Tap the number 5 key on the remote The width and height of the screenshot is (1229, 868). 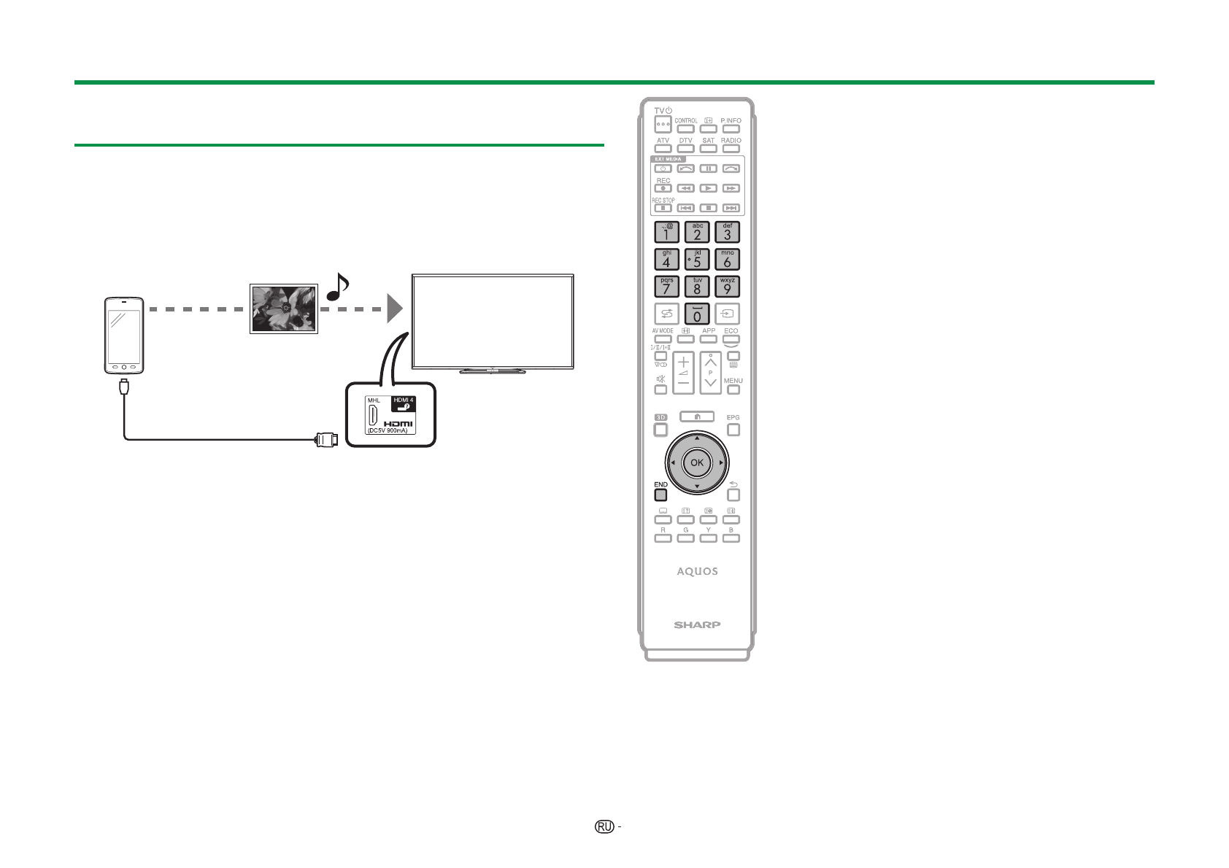[697, 259]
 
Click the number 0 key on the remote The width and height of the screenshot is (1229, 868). [697, 314]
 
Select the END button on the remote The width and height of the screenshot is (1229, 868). [660, 495]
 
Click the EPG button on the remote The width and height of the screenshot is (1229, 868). [733, 430]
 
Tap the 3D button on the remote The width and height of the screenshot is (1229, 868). [660, 430]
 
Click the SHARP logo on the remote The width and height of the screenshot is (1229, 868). [697, 624]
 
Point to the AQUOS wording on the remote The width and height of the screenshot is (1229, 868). [697, 571]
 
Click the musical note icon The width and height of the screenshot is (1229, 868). [337, 287]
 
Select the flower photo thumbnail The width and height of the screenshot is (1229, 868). [284, 309]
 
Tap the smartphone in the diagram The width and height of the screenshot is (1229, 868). [123, 336]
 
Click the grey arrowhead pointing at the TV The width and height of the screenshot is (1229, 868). [394, 309]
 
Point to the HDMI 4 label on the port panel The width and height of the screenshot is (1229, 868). [404, 400]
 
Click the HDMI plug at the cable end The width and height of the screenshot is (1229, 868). [325, 439]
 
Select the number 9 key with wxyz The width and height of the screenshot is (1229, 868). [727, 286]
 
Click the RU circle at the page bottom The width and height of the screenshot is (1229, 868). [604, 826]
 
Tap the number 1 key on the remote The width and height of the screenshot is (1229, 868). [666, 232]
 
